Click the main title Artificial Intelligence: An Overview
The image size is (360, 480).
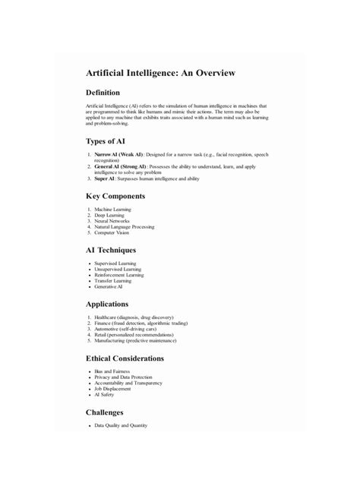pyautogui.click(x=160, y=73)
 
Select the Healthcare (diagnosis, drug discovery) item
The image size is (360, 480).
pyautogui.click(x=134, y=317)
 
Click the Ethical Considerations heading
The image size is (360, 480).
pyautogui.click(x=135, y=358)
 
